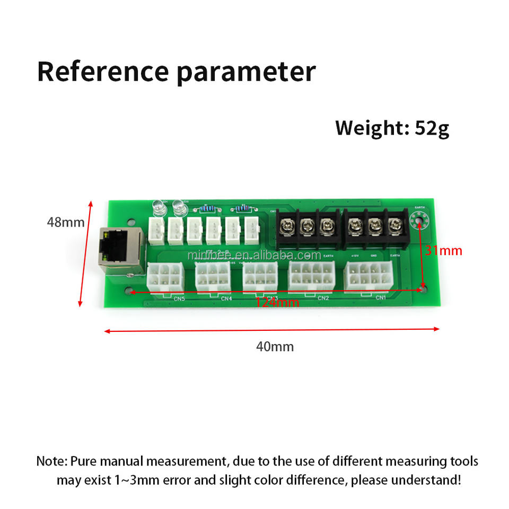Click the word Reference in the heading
[102, 72]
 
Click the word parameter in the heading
[247, 73]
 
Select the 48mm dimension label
[65, 223]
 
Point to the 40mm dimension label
[275, 347]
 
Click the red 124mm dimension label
[277, 303]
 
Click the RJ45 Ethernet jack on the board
[118, 248]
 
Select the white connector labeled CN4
[213, 277]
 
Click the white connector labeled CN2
[311, 277]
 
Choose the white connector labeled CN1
[368, 277]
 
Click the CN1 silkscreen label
[380, 297]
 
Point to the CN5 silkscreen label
[180, 299]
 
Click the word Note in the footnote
[51, 461]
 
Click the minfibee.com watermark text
[254, 256]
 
